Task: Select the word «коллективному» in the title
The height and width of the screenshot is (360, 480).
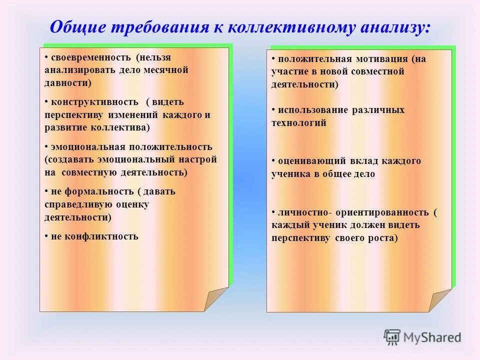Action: [285, 27]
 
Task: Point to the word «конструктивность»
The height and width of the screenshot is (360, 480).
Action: [94, 101]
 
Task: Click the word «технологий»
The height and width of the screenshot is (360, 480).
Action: [299, 122]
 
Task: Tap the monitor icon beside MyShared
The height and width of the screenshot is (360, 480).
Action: [392, 338]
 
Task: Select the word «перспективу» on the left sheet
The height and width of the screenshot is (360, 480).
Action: [73, 114]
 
